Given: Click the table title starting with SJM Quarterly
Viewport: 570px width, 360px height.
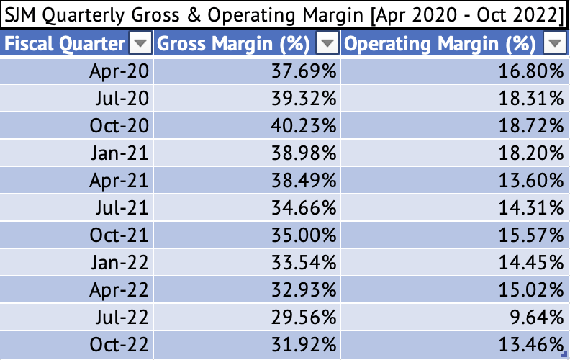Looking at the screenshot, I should [x=284, y=15].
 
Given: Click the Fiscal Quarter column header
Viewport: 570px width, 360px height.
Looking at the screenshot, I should [x=65, y=44].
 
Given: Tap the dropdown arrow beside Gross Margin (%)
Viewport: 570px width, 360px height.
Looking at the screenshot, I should [x=328, y=45].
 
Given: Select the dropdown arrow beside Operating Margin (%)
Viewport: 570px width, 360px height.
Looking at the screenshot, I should [x=553, y=45].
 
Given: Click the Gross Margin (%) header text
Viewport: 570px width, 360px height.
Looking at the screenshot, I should [x=234, y=44].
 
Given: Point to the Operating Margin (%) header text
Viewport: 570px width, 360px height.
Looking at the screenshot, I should [x=440, y=44].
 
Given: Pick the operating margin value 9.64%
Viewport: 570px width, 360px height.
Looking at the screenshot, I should [x=536, y=318].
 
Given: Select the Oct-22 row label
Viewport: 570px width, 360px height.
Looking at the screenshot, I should [x=119, y=345].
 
